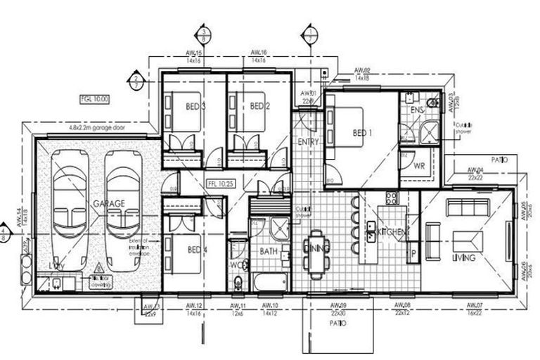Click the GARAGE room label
click(x=109, y=203)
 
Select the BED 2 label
click(x=260, y=107)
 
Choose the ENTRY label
click(x=309, y=142)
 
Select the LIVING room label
click(x=463, y=258)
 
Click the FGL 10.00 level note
click(x=94, y=99)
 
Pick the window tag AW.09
click(x=339, y=305)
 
